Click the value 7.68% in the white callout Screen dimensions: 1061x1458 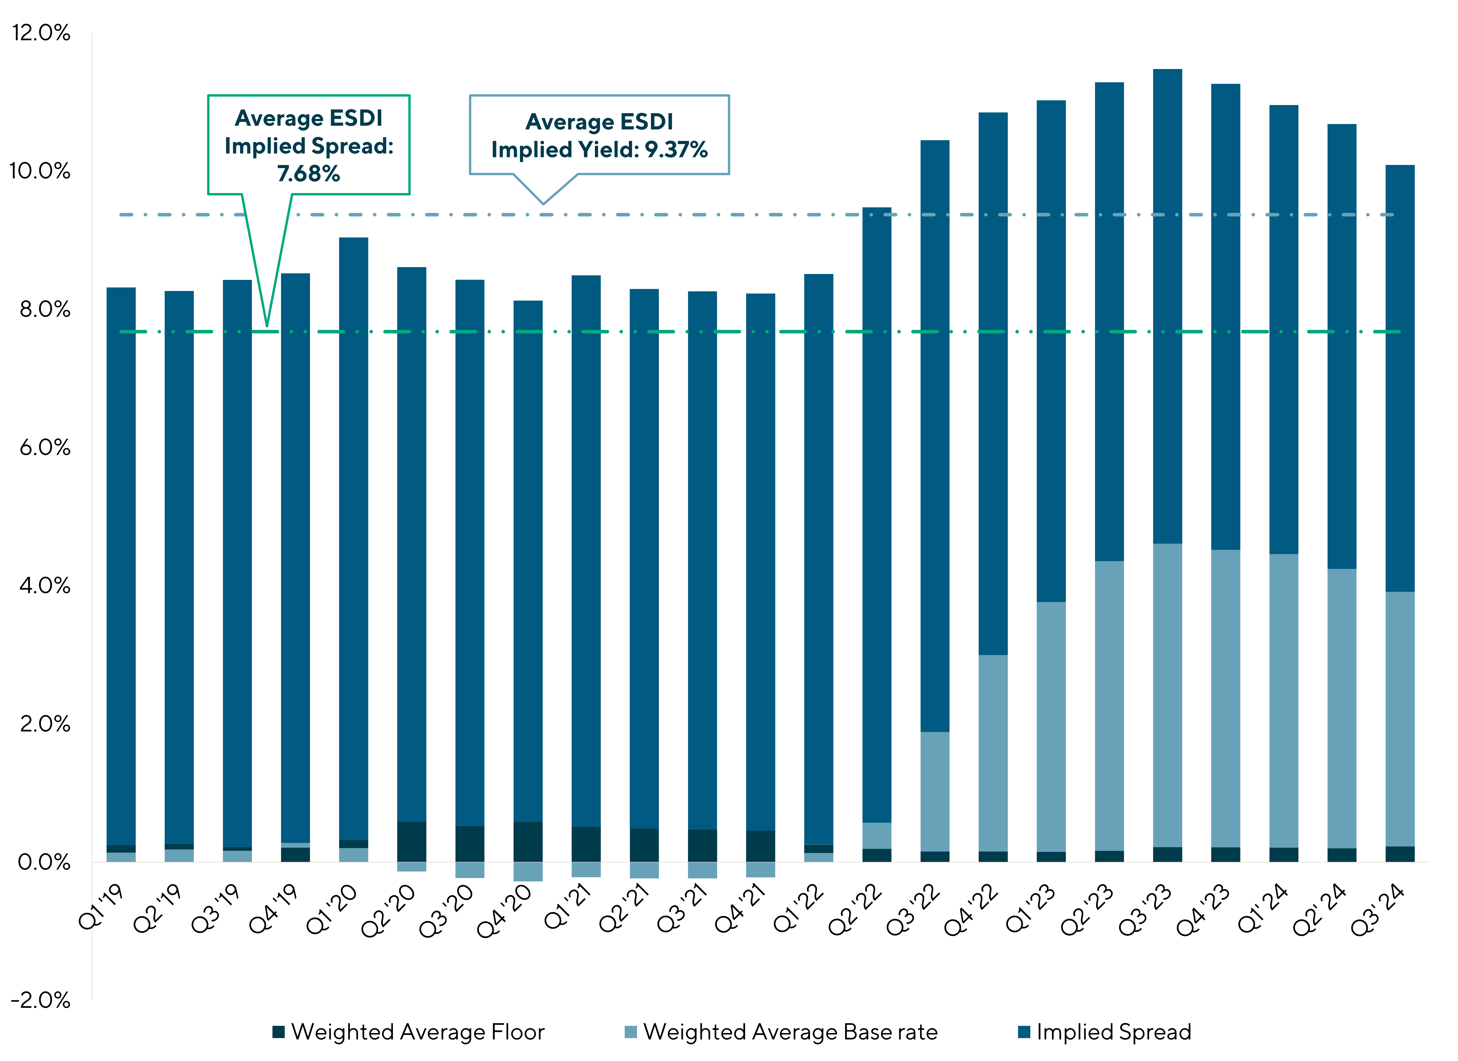click(309, 174)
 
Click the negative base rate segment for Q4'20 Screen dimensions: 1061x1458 click(528, 871)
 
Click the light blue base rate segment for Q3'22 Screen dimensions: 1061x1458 click(935, 792)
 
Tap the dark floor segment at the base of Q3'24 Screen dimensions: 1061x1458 click(1400, 854)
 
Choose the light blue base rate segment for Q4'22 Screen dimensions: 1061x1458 click(993, 753)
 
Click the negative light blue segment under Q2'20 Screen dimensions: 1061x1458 click(411, 866)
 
